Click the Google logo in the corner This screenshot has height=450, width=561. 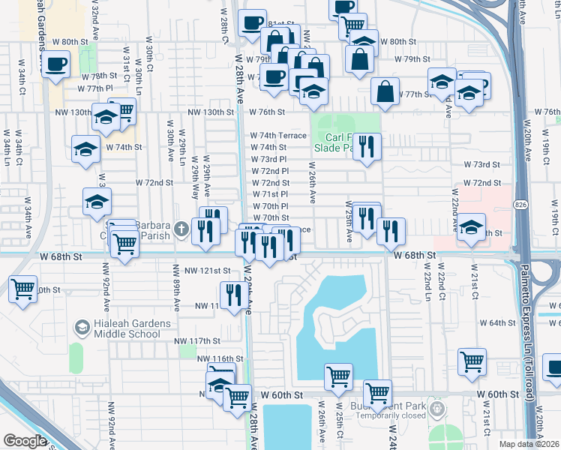coord(25,441)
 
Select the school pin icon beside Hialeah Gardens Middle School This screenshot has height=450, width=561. coord(82,328)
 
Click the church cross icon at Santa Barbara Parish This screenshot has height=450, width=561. coord(181,229)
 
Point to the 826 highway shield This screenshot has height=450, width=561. coord(519,204)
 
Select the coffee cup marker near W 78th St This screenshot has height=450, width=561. coord(56,64)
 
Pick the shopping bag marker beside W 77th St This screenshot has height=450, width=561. coord(385,91)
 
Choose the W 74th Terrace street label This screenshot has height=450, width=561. coord(278,136)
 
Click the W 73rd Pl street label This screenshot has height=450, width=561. coord(268,159)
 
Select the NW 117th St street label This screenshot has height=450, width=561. coord(199,341)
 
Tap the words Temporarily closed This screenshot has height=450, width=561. coord(387,415)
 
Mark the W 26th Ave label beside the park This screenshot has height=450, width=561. coord(313,184)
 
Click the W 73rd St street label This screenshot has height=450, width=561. coord(481,164)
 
